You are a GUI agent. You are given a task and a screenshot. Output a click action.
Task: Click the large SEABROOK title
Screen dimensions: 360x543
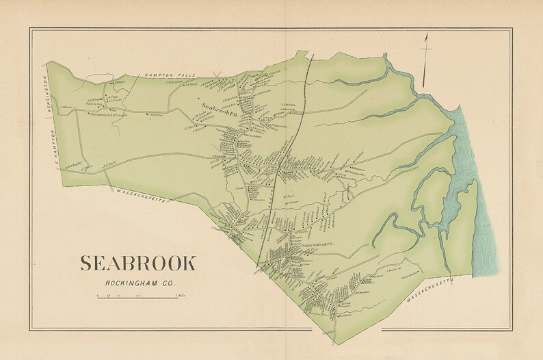138,263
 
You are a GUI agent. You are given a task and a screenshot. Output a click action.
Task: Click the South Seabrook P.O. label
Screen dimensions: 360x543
312,244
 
